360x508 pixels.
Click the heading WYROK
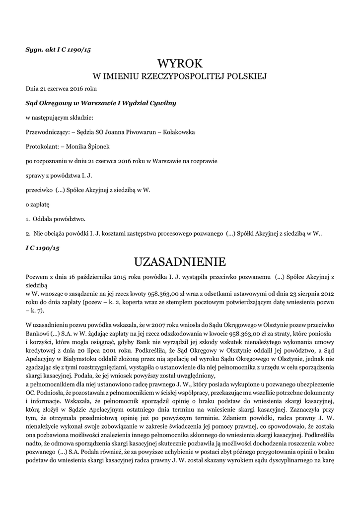[180, 63]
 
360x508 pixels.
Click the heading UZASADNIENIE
[180, 261]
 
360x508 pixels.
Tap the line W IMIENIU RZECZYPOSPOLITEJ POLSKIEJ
[180, 76]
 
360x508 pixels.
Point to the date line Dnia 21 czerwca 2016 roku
[61, 89]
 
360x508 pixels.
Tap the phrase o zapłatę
[38, 204]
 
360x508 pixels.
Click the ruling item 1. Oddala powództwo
[56, 219]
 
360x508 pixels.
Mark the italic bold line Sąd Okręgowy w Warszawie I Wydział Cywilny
[101, 103]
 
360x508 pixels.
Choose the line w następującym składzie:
[59, 118]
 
